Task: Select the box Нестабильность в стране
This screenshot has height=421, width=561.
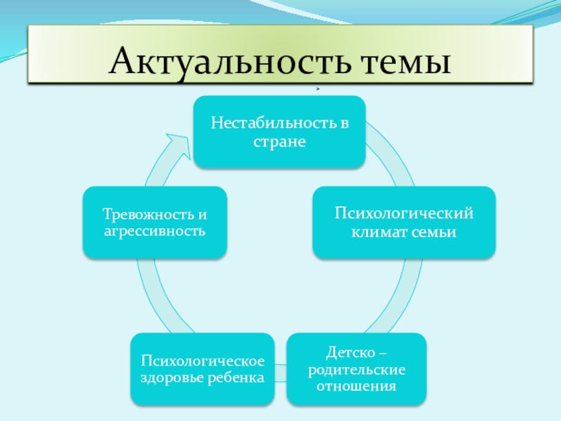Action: (x=280, y=133)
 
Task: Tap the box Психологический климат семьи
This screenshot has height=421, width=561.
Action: (x=404, y=222)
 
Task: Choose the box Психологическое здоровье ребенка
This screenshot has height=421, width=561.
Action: (x=203, y=369)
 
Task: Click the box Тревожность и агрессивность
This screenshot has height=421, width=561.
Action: (x=154, y=222)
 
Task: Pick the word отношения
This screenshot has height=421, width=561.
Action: (x=356, y=386)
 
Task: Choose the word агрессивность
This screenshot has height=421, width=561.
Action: (x=154, y=230)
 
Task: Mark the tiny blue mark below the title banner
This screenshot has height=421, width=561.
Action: (x=318, y=89)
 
